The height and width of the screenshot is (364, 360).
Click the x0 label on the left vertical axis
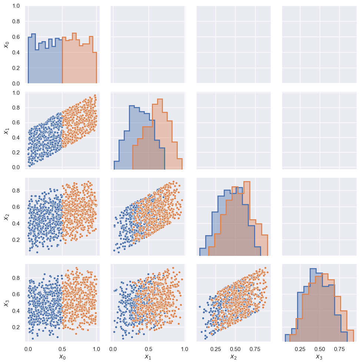tap(6, 45)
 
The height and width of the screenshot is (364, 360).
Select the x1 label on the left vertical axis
tap(6, 131)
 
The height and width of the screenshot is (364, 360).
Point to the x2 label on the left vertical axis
tap(6, 217)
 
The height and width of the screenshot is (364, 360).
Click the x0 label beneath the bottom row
tap(62, 357)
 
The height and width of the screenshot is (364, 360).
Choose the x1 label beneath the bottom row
tap(148, 357)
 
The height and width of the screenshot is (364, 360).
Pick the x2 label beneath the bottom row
tap(233, 357)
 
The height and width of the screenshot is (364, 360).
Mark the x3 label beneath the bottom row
tap(319, 357)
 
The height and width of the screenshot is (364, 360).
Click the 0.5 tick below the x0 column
tap(62, 348)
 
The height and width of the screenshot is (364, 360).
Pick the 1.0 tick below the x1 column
tap(184, 348)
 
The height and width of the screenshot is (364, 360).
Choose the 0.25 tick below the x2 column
tap(215, 348)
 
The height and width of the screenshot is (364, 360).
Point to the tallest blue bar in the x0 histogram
tap(33, 59)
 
